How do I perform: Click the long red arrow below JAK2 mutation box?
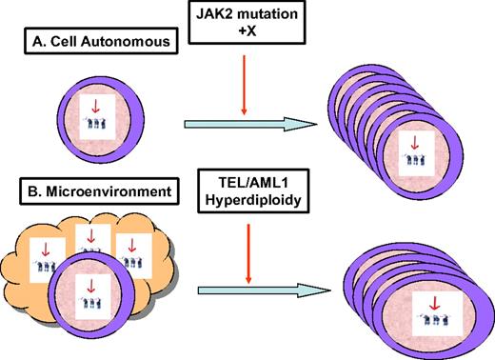246,86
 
